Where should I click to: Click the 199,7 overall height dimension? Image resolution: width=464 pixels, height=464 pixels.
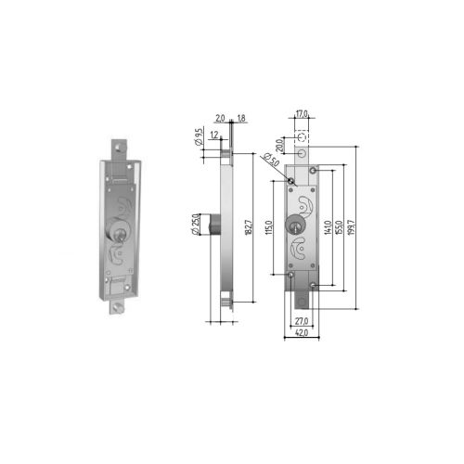(x=354, y=231)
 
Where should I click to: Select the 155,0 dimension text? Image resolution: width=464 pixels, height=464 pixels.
(x=342, y=231)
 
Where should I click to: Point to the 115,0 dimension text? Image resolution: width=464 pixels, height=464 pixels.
(x=269, y=228)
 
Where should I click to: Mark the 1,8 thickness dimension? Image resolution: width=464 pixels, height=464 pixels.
(x=241, y=120)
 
